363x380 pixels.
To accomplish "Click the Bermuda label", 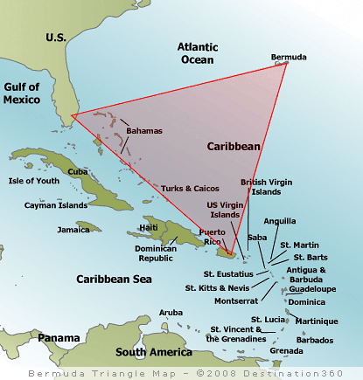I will (x=289, y=58).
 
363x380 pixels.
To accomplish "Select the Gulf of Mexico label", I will (x=22, y=93).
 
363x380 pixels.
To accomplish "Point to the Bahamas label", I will (x=144, y=131).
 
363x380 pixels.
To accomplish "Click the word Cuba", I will (x=78, y=171).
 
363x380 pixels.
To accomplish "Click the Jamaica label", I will (x=73, y=230).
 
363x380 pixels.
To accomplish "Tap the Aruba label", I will (x=171, y=312).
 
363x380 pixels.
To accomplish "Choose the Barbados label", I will (x=314, y=340).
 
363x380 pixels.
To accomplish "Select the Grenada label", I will (x=287, y=350).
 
